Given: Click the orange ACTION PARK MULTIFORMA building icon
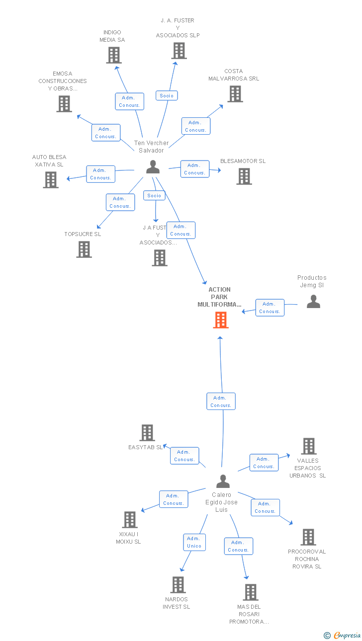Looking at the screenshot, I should pyautogui.click(x=221, y=320).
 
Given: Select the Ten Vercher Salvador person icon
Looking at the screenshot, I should pyautogui.click(x=153, y=167).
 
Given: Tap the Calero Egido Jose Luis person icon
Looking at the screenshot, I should pyautogui.click(x=223, y=481).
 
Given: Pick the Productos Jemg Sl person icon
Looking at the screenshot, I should pyautogui.click(x=313, y=301).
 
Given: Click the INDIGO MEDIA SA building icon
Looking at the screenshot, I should pyautogui.click(x=114, y=55).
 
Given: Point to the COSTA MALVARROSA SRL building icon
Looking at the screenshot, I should pyautogui.click(x=235, y=93).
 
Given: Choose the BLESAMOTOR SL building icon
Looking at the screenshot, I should pyautogui.click(x=244, y=176).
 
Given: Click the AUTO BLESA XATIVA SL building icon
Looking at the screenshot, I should pyautogui.click(x=51, y=179).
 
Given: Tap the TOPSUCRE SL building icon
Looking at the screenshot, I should pyautogui.click(x=84, y=249).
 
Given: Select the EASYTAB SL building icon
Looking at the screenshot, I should pyautogui.click(x=147, y=432).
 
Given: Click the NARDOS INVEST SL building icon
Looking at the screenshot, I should pyautogui.click(x=178, y=584).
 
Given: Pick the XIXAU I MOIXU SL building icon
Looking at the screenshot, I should pyautogui.click(x=130, y=519).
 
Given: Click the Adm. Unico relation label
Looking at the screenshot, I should pyautogui.click(x=194, y=542).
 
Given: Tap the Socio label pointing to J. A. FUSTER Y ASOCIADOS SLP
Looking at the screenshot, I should pyautogui.click(x=167, y=95).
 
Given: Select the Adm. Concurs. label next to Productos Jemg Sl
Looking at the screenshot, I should pyautogui.click(x=270, y=308).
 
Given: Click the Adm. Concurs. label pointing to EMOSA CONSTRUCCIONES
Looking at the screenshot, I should pyautogui.click(x=105, y=133).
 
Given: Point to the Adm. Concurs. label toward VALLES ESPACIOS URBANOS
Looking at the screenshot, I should pyautogui.click(x=264, y=463).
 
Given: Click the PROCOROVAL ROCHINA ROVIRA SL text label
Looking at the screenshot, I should pyautogui.click(x=307, y=559).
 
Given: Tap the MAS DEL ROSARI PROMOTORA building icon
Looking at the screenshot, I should pyautogui.click(x=251, y=592).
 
